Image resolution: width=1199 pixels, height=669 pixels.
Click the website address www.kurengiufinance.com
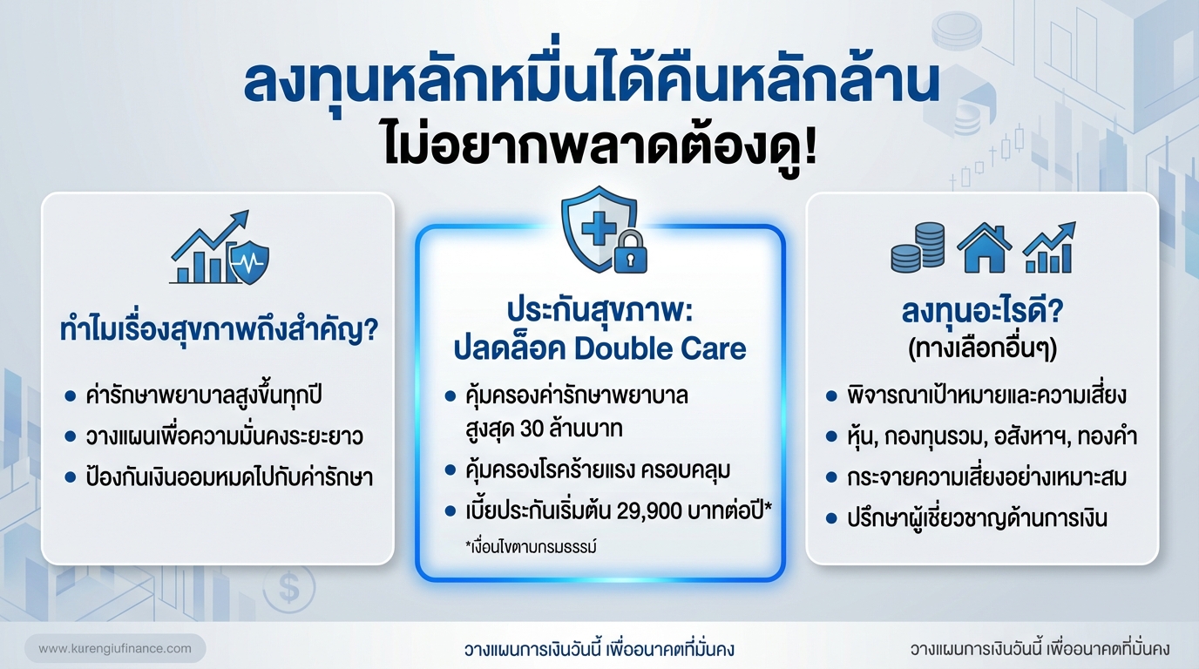pyautogui.click(x=115, y=649)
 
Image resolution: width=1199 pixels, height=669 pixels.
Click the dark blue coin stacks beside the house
pyautogui.click(x=918, y=247)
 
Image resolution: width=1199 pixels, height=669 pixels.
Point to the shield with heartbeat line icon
pyautogui.click(x=248, y=261)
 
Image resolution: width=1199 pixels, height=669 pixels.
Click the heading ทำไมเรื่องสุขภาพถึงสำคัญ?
pyautogui.click(x=218, y=331)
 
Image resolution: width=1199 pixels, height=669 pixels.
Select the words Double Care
pyautogui.click(x=660, y=348)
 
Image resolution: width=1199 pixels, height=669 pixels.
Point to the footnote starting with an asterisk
pyautogui.click(x=530, y=547)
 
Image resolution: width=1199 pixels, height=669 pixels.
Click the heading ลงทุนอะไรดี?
pyautogui.click(x=982, y=313)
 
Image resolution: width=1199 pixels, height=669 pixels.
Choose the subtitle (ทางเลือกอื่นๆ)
pyautogui.click(x=982, y=348)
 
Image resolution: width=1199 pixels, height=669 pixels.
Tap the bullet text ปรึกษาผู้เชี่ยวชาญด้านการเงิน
pyautogui.click(x=977, y=519)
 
